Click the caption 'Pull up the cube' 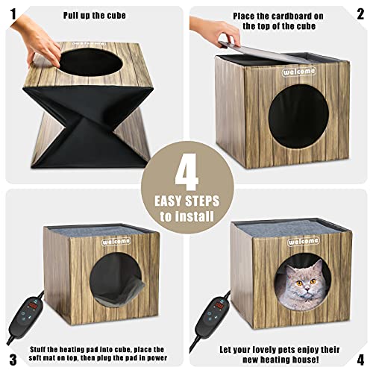click(x=95, y=15)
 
